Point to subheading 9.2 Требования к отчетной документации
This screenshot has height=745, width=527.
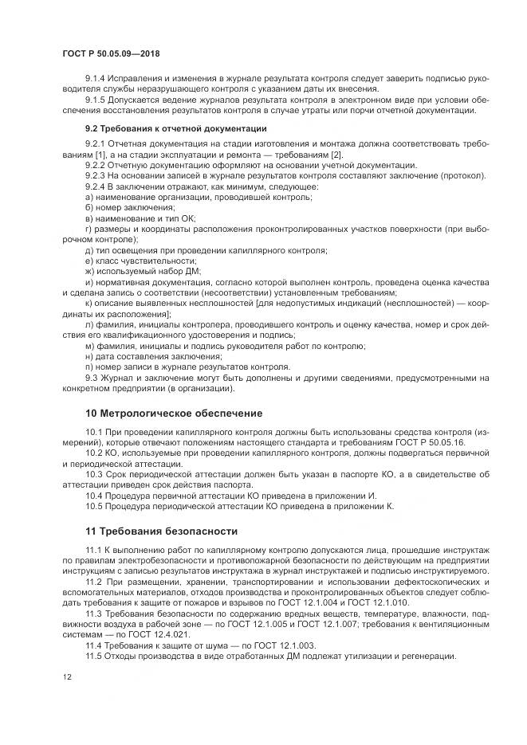175,127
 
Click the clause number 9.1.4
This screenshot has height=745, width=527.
96,78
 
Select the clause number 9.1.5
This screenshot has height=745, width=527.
96,100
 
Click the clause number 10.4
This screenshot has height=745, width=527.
93,495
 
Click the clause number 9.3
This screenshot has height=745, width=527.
91,378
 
